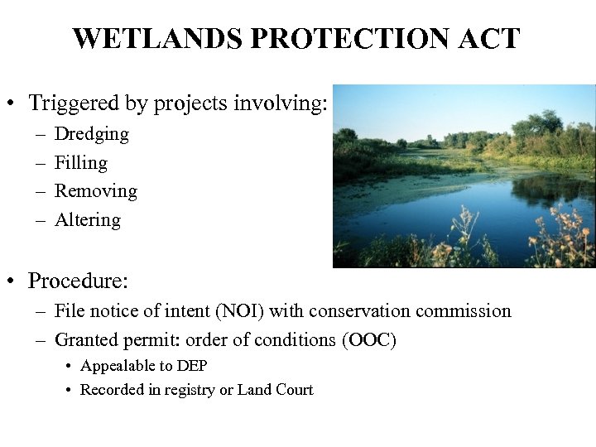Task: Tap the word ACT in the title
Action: point(491,39)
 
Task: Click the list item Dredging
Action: point(91,134)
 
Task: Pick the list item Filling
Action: point(80,163)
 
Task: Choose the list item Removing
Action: point(95,191)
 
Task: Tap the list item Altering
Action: point(87,220)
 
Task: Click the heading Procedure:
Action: point(78,281)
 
